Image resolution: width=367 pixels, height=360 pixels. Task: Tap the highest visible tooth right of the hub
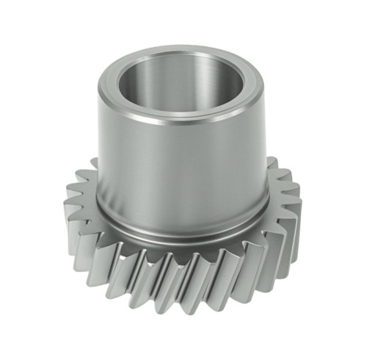click(x=272, y=163)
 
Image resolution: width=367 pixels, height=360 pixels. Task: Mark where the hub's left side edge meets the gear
click(x=98, y=202)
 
